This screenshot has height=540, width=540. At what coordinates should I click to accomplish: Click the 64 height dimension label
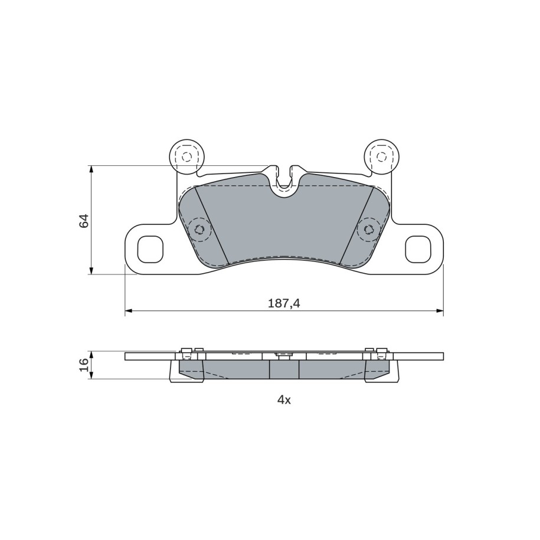[84, 220]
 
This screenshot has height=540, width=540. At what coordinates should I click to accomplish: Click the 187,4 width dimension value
[284, 303]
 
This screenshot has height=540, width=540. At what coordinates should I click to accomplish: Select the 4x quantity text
[284, 400]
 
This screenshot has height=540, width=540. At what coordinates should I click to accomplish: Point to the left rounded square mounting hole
[150, 249]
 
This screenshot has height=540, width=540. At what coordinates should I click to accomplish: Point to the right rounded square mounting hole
[418, 249]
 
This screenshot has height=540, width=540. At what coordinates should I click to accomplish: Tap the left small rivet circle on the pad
[199, 229]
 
